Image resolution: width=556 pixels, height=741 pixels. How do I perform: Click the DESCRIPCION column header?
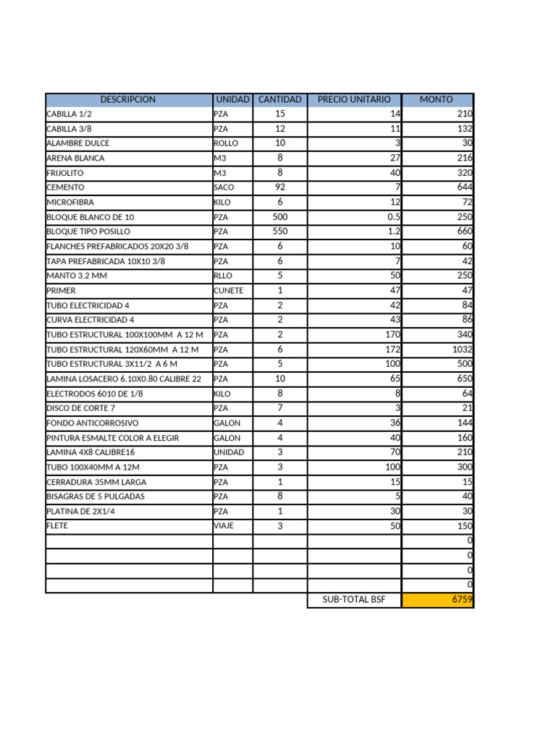point(128,99)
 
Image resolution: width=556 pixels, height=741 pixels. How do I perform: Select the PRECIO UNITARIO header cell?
point(354,99)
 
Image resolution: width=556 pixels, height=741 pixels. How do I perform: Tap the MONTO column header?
point(437,99)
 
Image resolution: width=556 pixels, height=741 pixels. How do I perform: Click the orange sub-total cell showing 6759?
point(437,600)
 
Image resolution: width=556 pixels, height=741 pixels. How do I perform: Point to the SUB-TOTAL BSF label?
point(354,600)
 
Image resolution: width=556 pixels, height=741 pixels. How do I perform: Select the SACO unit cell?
point(224,187)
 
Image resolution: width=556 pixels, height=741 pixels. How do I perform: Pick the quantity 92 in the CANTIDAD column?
point(279,187)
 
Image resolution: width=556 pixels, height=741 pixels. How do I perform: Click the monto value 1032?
point(460,350)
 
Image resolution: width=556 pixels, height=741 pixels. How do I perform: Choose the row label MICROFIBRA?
point(70,203)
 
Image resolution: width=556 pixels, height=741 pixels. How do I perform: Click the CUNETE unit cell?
point(229,291)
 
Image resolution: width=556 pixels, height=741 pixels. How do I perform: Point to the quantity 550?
point(279,232)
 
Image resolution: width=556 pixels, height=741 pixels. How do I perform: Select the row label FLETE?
point(57,526)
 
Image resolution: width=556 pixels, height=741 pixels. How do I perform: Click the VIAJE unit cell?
point(224,526)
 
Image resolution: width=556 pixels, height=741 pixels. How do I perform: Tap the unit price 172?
point(392,350)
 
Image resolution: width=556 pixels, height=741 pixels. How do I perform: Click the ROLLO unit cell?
point(226,143)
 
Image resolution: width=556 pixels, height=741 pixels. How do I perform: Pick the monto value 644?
point(465,187)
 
